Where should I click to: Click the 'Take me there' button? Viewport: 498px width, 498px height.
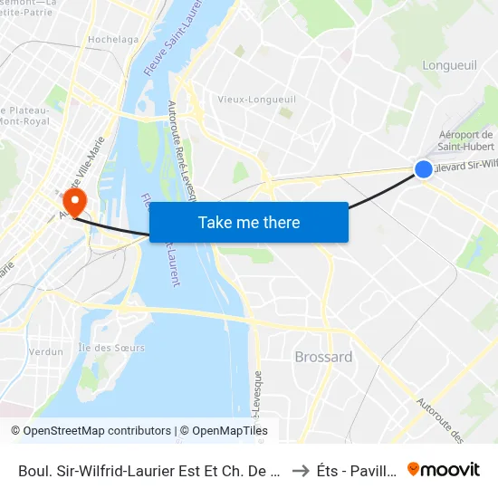coord(249,222)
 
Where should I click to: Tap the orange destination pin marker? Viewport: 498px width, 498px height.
coord(73,201)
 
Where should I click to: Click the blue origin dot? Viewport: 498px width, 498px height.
coord(423,168)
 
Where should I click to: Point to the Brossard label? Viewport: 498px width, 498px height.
coord(323,357)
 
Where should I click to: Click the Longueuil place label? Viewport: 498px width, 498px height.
coord(450,64)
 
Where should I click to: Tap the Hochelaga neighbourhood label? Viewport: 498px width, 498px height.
coord(113,40)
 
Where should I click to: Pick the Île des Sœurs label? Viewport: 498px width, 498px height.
coord(111,348)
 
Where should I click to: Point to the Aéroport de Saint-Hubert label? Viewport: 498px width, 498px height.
coord(464,141)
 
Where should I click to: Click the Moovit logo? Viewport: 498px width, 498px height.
coord(444,469)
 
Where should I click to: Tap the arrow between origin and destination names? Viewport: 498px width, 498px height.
coord(302,470)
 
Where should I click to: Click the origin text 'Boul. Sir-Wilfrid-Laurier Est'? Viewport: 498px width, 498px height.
coord(148,470)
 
